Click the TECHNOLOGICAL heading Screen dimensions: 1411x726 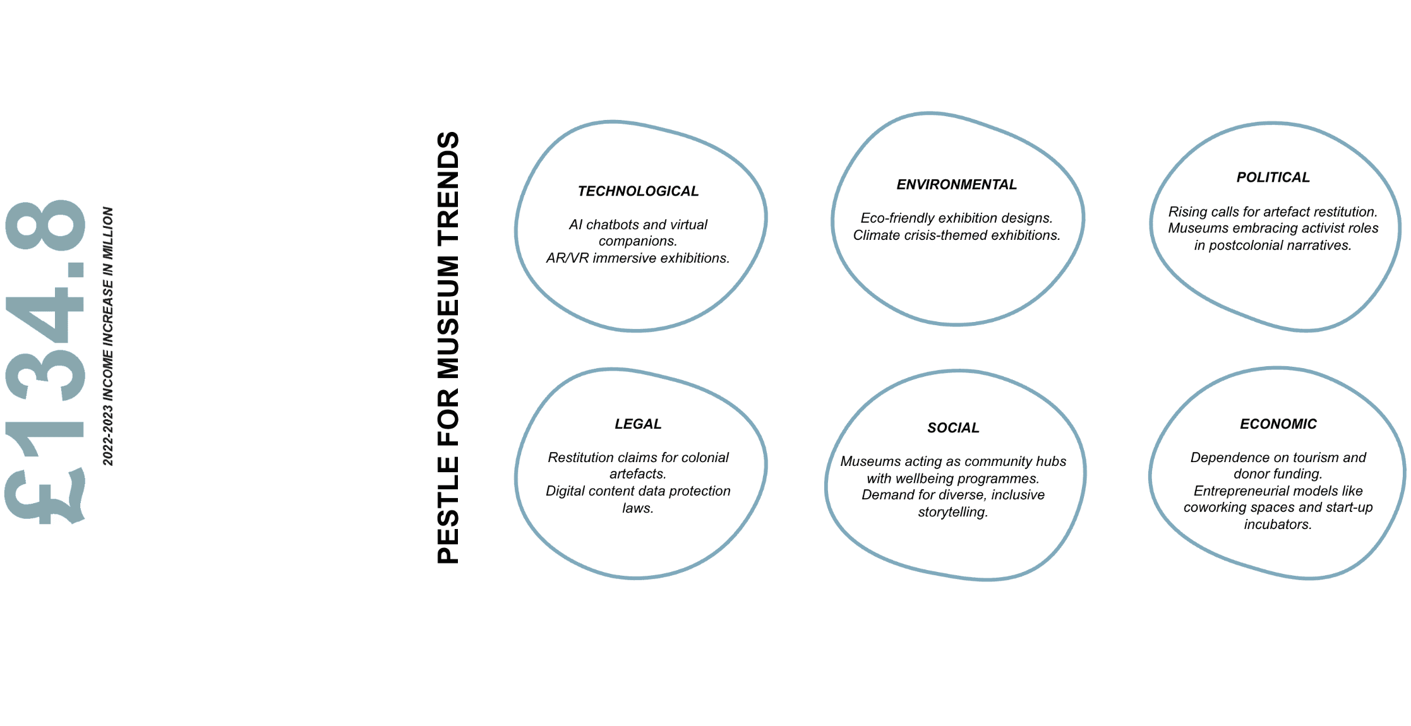coord(638,191)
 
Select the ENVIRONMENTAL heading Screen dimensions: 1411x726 coord(956,184)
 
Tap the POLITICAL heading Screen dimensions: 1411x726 coord(1273,177)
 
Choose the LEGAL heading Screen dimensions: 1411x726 coord(638,424)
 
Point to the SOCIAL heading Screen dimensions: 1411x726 coord(953,428)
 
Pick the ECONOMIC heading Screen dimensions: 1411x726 coord(1278,424)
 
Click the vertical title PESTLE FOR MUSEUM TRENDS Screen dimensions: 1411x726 coord(448,347)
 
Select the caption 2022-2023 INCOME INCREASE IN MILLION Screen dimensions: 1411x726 coord(108,336)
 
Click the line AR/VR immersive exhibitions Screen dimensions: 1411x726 coord(638,258)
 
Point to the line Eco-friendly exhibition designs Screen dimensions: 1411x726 coord(956,218)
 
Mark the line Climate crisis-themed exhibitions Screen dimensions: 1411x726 coord(956,235)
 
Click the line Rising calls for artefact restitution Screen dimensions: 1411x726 coord(1273,212)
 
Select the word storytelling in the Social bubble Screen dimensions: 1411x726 coord(952,512)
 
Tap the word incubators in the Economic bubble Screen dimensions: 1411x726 coord(1277,525)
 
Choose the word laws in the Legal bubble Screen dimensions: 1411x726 coord(637,508)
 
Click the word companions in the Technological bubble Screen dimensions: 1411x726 coord(637,241)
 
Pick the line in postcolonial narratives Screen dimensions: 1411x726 coord(1273,246)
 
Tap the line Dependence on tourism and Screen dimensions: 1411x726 coord(1278,458)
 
